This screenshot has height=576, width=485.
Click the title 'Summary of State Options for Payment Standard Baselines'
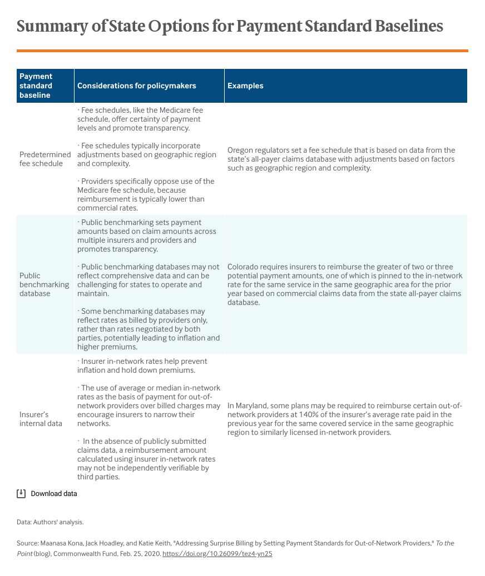pyautogui.click(x=230, y=26)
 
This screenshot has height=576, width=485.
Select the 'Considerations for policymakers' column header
pyautogui.click(x=136, y=86)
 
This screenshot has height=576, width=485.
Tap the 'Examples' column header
pyautogui.click(x=245, y=86)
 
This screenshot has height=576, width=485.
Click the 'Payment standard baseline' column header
pyautogui.click(x=36, y=86)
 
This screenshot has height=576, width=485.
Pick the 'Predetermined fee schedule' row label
pyautogui.click(x=45, y=159)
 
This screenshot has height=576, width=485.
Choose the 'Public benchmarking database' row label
pyautogui.click(x=44, y=284)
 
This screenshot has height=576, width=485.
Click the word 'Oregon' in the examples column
pyautogui.click(x=240, y=150)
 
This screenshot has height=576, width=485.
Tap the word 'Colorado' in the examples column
pyautogui.click(x=243, y=267)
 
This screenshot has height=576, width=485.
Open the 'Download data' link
pyautogui.click(x=54, y=493)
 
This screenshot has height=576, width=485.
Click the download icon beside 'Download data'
pyautogui.click(x=21, y=493)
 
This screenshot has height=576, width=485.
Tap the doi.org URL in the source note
pyautogui.click(x=217, y=554)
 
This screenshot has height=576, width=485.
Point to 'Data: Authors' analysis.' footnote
pyautogui.click(x=50, y=522)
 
